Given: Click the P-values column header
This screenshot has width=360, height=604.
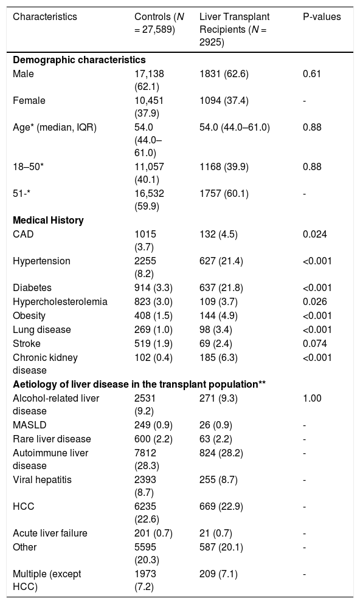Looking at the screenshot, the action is tap(322, 17).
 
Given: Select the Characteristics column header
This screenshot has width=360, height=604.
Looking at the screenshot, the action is tap(45, 17).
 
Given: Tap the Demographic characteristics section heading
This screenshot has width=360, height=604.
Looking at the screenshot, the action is tap(79, 60).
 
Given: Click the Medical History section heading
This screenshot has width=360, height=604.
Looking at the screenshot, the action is tap(48, 220).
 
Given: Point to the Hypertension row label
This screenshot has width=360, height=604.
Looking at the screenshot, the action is tap(41, 261).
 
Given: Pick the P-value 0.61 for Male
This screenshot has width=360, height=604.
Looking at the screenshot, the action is tap(312, 74).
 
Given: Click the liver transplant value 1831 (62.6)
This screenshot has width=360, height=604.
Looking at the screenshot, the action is tap(224, 74).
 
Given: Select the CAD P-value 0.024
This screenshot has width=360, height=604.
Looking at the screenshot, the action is tap(315, 234).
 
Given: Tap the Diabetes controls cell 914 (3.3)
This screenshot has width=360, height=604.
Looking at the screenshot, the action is tap(153, 288).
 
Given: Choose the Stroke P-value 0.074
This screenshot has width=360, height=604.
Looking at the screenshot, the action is tap(315, 343).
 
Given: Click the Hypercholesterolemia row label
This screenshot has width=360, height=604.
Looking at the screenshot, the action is tap(60, 301).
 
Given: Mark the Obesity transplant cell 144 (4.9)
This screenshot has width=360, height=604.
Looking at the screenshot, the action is tap(218, 316).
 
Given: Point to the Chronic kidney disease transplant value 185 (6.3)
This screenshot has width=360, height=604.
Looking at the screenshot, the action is tap(218, 357).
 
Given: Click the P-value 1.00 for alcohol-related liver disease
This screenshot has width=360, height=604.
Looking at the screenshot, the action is tap(312, 398).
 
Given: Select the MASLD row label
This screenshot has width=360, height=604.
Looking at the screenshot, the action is tap(30, 425).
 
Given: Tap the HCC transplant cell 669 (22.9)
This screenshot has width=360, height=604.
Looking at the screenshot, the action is tap(221, 506).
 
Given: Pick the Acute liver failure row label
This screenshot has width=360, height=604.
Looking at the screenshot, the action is tap(50, 533).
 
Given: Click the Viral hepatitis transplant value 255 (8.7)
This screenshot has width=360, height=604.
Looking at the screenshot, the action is tap(218, 479).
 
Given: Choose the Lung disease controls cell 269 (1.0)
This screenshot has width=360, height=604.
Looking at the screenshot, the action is tap(153, 330).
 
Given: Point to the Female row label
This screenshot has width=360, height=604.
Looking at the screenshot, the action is tap(29, 100).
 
